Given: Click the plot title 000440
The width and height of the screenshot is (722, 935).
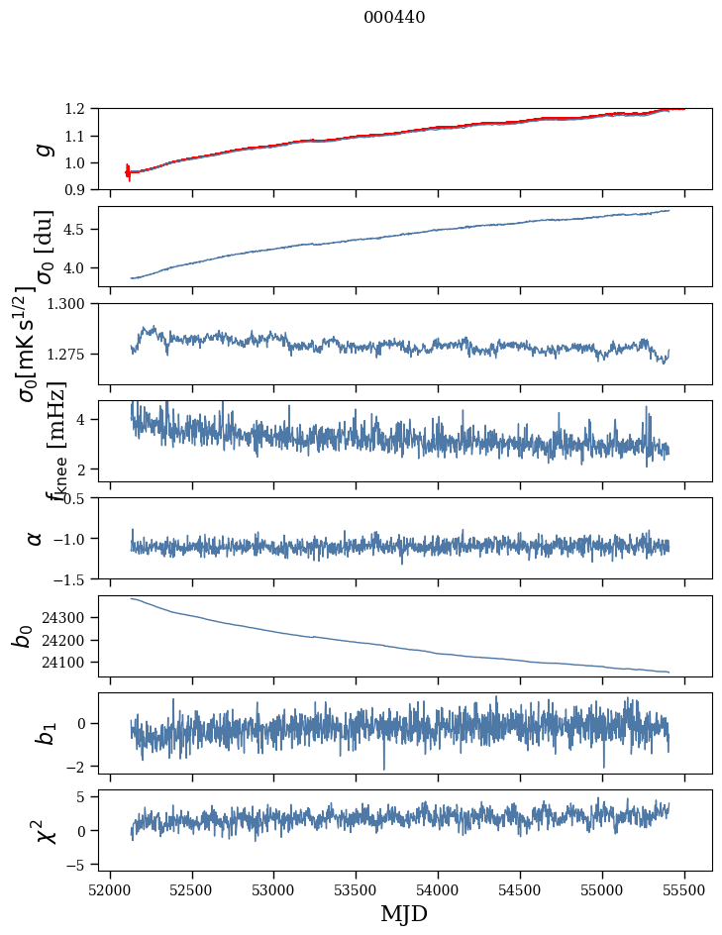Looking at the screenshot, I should pyautogui.click(x=394, y=17).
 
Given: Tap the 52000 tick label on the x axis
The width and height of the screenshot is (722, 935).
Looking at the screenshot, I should pyautogui.click(x=110, y=889).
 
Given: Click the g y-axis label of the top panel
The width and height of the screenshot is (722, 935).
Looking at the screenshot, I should pyautogui.click(x=43, y=149).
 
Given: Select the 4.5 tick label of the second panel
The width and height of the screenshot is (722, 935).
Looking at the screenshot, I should pyautogui.click(x=80, y=230).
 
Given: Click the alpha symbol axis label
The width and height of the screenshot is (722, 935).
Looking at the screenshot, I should pyautogui.click(x=36, y=538).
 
